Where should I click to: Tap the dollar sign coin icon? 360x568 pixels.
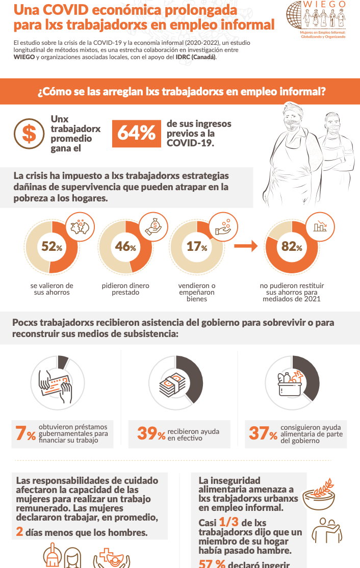pyautogui.click(x=29, y=134)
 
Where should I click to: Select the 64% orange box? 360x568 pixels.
pyautogui.click(x=137, y=134)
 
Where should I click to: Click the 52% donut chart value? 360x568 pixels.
pyautogui.click(x=52, y=247)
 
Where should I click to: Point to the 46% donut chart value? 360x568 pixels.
pyautogui.click(x=125, y=247)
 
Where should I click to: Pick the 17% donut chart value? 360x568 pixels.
pyautogui.click(x=197, y=247)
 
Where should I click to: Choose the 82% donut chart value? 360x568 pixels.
pyautogui.click(x=292, y=247)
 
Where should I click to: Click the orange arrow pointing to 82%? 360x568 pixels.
pyautogui.click(x=246, y=246)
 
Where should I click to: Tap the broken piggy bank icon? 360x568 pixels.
pyautogui.click(x=80, y=227)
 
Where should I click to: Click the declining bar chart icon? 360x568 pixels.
pyautogui.click(x=320, y=227)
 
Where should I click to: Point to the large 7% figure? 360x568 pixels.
pyautogui.click(x=25, y=433)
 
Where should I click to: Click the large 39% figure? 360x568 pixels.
pyautogui.click(x=151, y=433)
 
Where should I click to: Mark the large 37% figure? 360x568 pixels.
pyautogui.click(x=263, y=433)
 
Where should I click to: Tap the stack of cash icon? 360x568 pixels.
pyautogui.click(x=173, y=385)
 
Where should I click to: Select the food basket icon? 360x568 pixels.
pyautogui.click(x=291, y=383)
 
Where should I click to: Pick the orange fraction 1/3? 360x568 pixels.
pyautogui.click(x=228, y=522)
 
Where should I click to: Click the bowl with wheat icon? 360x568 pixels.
pyautogui.click(x=319, y=494)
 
